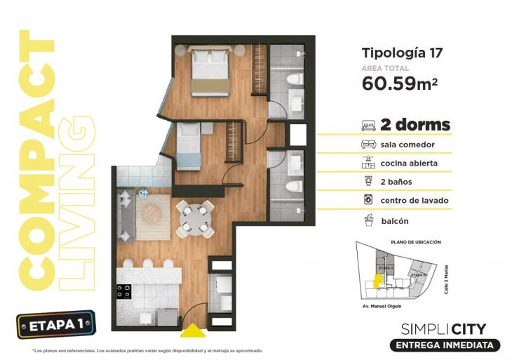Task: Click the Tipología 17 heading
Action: [401, 52]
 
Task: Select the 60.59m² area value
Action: [400, 84]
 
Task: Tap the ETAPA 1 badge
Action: [55, 325]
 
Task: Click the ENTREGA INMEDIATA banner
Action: [449, 345]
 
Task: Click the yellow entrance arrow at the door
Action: [190, 329]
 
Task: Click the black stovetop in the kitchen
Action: [125, 291]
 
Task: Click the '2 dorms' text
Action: [415, 125]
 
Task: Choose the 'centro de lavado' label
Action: [415, 201]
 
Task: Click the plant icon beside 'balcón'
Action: [368, 220]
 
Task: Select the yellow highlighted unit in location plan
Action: [377, 281]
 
